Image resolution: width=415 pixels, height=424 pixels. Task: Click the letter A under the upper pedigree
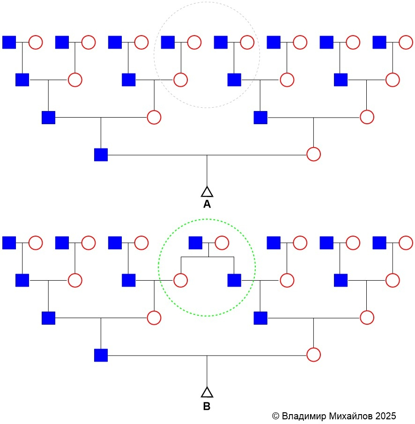[x=207, y=205]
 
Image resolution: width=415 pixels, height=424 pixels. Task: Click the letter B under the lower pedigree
[x=207, y=406]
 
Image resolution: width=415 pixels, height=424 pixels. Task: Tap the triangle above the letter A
[x=207, y=191]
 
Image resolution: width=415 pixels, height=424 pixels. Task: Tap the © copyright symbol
[x=275, y=416]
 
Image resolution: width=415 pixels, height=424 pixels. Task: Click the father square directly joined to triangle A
[x=101, y=155]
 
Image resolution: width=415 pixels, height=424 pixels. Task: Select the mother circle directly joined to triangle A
[x=313, y=154]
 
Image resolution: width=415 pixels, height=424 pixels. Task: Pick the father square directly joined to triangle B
[x=101, y=356]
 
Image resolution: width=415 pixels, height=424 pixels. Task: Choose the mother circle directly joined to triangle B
[x=313, y=355]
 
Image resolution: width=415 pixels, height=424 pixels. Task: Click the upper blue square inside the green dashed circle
[x=195, y=243]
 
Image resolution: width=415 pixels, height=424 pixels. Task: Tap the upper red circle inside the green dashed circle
[x=222, y=243]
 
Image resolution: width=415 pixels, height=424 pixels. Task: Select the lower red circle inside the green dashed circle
[x=181, y=280]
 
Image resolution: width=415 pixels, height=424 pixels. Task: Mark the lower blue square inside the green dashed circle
[x=234, y=280]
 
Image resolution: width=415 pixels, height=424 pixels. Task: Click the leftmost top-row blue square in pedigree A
[x=9, y=42]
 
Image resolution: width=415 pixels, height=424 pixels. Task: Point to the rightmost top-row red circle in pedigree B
[x=406, y=243]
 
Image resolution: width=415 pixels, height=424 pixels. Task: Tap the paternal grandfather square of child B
[x=48, y=318]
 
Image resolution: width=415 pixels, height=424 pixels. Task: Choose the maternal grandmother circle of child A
[x=367, y=117]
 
